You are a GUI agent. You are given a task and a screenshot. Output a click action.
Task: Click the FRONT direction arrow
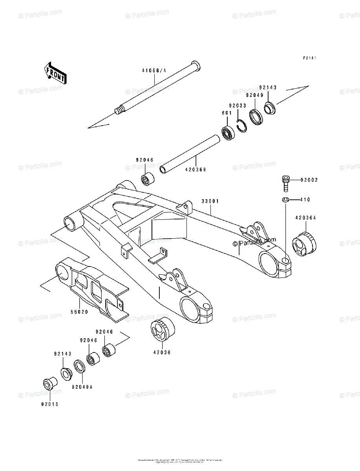pos(55,73)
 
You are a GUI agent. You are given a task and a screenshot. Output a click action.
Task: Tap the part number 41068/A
pos(154,71)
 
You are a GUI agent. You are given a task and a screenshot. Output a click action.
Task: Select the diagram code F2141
pos(309,58)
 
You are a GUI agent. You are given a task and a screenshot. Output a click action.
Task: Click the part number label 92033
pos(238,106)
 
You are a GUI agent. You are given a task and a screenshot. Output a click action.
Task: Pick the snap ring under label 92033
pos(243,126)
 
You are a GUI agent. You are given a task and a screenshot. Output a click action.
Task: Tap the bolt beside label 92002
pos(285,182)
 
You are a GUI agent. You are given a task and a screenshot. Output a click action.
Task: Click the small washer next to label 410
pos(285,200)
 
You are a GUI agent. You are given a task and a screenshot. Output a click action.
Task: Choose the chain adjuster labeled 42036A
pos(304,244)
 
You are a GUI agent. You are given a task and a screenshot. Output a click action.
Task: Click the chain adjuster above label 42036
pos(162,331)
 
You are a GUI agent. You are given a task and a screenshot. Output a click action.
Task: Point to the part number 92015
pos(50,404)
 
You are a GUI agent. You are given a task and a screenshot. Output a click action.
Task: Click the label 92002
pos(309,180)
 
